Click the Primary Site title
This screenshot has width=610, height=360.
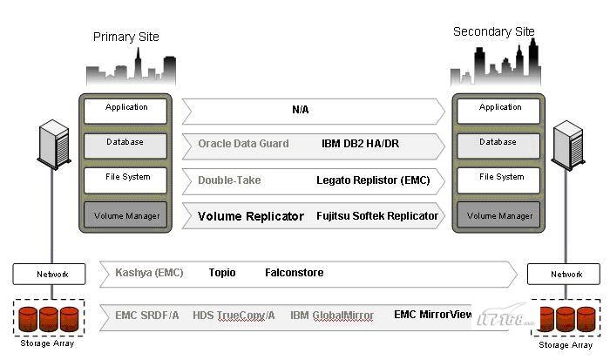pos(126,37)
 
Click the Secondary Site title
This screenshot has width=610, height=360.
pos(493,32)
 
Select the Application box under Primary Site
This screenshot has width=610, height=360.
pos(126,109)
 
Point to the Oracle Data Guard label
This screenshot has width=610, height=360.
pos(243,144)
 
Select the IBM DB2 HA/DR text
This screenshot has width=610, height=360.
pos(360,144)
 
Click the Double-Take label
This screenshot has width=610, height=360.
pos(229,180)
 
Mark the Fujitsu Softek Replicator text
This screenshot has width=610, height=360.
pos(376,216)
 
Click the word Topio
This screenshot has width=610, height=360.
pos(222,273)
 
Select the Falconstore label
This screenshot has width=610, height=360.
pos(294,273)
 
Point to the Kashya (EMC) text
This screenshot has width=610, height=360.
pos(149,273)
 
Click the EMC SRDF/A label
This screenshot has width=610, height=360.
pos(147,315)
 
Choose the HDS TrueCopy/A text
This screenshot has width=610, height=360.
pos(234,315)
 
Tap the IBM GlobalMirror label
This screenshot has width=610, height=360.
pos(332,315)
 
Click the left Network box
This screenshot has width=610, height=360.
pos(49,275)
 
